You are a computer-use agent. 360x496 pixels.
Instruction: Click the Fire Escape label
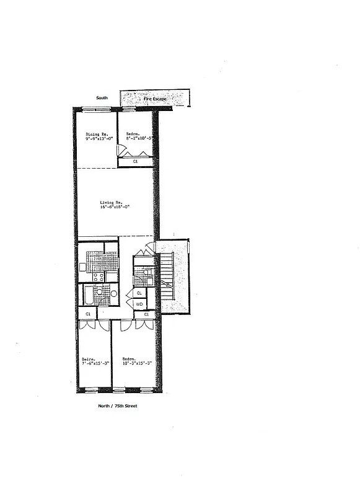pos(156,99)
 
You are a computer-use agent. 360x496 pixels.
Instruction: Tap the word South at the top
pos(102,98)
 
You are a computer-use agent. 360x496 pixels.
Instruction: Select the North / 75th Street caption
pos(118,405)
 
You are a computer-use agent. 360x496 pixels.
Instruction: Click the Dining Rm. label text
pos(97,134)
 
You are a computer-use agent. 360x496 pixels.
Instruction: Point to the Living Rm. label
pos(112,202)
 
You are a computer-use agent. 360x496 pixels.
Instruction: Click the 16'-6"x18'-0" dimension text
pos(115,207)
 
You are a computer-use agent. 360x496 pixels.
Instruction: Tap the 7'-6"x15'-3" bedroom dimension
pos(94,364)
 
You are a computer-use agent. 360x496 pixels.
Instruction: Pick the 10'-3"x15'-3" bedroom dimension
pos(138,364)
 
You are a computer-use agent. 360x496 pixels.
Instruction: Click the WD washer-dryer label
pos(139,304)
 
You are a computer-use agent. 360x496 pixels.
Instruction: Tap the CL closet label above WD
pos(139,293)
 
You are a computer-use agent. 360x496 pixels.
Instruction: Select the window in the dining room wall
pos(95,110)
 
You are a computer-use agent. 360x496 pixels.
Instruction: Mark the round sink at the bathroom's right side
pos(113,293)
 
